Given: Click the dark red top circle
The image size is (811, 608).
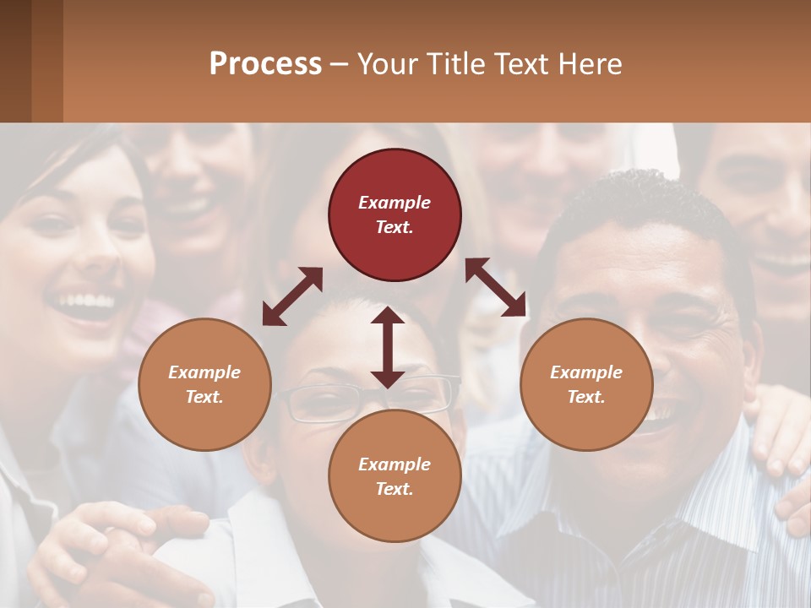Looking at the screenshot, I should coord(395,215).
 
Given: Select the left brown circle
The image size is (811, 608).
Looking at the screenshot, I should coord(204,384).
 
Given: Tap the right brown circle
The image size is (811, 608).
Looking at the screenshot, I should coord(586,384).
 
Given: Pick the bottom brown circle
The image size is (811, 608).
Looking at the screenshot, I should coord(395,476).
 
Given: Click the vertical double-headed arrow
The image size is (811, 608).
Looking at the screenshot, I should coord(388,347).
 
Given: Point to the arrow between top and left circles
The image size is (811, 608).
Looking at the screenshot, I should coord(292,296).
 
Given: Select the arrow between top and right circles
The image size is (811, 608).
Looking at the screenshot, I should coord(496,287).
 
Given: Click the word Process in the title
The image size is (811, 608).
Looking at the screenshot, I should coord(265,63).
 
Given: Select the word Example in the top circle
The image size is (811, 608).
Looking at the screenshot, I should coord(395,203).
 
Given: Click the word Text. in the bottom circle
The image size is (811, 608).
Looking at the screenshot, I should coord(395,489).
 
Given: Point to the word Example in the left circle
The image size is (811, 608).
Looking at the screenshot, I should coord(204,372).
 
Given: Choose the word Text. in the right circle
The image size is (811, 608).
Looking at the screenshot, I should coord(586,397).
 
